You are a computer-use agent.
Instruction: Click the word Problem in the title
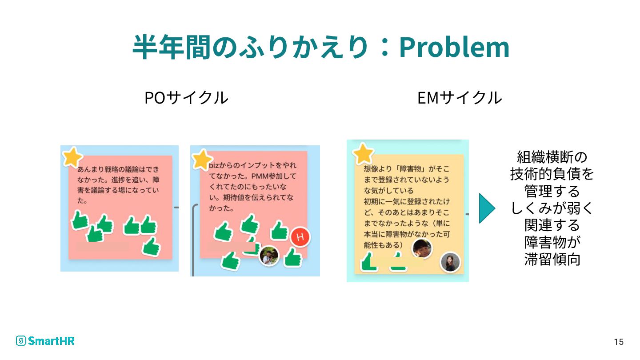(x=454, y=47)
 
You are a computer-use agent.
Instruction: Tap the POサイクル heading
(x=186, y=98)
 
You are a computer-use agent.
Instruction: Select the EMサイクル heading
(x=460, y=98)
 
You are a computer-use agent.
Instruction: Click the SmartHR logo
(x=45, y=341)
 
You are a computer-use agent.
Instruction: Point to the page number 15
(x=619, y=342)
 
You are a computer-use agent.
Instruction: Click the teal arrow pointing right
(x=487, y=208)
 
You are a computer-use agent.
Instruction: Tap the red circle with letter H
(x=300, y=237)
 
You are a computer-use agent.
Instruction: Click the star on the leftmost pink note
(x=72, y=156)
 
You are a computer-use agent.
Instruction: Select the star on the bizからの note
(x=202, y=159)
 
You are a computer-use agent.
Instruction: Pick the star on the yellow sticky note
(x=364, y=154)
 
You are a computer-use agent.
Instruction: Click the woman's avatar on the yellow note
(x=450, y=262)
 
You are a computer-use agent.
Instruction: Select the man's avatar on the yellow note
(x=422, y=248)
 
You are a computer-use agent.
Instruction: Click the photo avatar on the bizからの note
(x=269, y=256)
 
